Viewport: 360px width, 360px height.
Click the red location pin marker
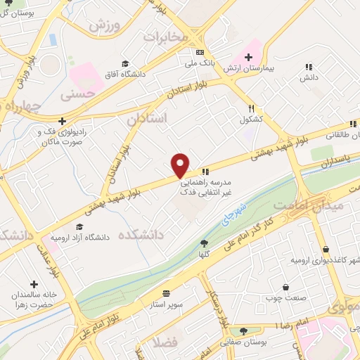point(181,165)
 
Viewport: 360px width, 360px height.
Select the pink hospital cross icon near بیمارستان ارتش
point(247,58)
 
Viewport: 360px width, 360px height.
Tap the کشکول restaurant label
point(251,120)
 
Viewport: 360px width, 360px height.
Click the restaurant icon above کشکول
point(251,108)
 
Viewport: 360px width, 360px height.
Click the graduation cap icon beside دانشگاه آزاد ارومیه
point(79,227)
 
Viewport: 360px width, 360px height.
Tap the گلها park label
point(204,254)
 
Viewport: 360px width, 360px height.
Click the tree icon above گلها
point(204,243)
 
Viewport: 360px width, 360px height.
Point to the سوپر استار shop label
point(166,303)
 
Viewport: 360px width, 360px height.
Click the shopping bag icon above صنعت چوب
point(286,287)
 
